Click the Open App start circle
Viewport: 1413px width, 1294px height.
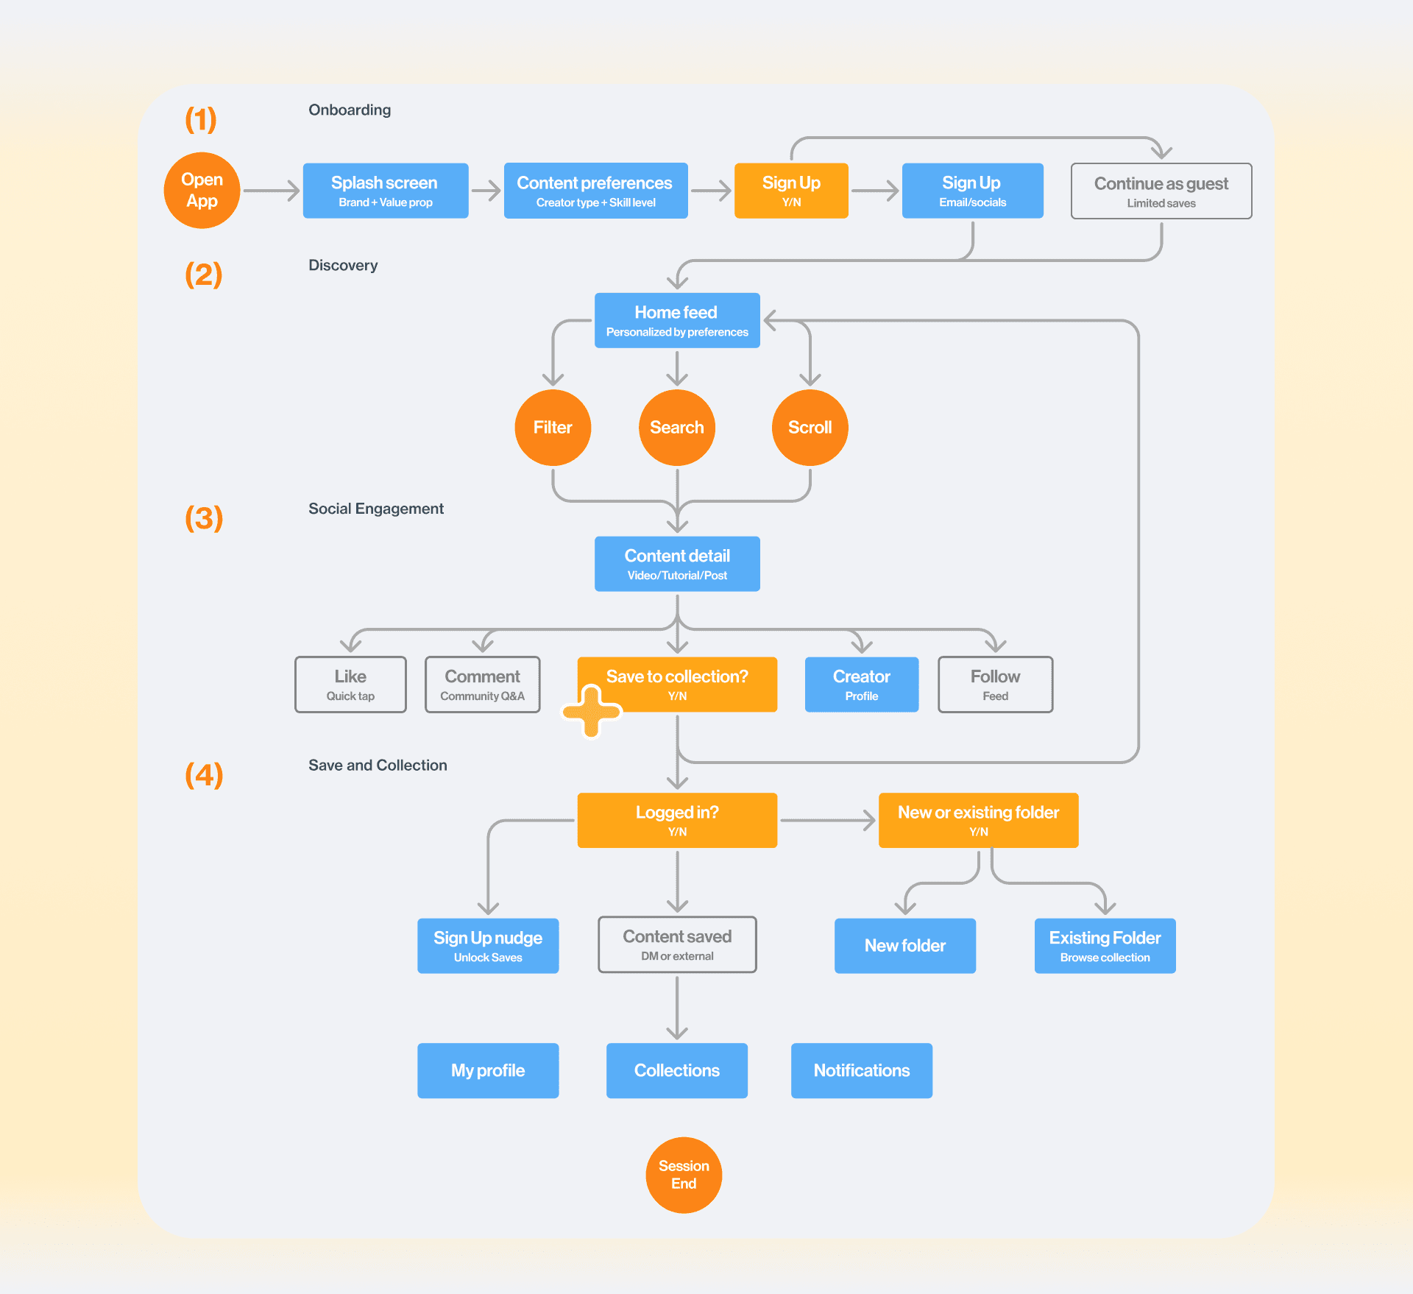pos(202,191)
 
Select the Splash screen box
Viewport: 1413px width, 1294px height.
pos(386,191)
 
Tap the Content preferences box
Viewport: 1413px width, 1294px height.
pos(596,191)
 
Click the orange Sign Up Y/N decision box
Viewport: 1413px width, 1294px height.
pos(791,191)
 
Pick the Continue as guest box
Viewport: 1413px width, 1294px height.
pos(1161,191)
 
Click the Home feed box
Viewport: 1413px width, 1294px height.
pos(677,320)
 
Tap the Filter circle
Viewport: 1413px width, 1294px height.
pos(553,428)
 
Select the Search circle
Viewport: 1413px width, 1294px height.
pos(677,428)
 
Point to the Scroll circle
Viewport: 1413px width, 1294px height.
pos(810,428)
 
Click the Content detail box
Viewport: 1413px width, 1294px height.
pos(677,564)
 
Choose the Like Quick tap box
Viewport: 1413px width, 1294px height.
pos(350,685)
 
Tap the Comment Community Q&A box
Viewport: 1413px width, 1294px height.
pos(483,685)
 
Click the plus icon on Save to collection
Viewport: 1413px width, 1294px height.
pos(592,711)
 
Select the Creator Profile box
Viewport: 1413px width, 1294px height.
pos(862,685)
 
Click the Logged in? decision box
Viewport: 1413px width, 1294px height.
pos(677,820)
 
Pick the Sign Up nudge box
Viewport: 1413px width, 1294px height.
pos(488,946)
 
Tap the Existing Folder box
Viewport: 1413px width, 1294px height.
pos(1105,946)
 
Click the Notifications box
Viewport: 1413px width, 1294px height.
pos(862,1071)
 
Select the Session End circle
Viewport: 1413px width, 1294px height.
pos(684,1175)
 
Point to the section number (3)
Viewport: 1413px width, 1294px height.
pos(204,518)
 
